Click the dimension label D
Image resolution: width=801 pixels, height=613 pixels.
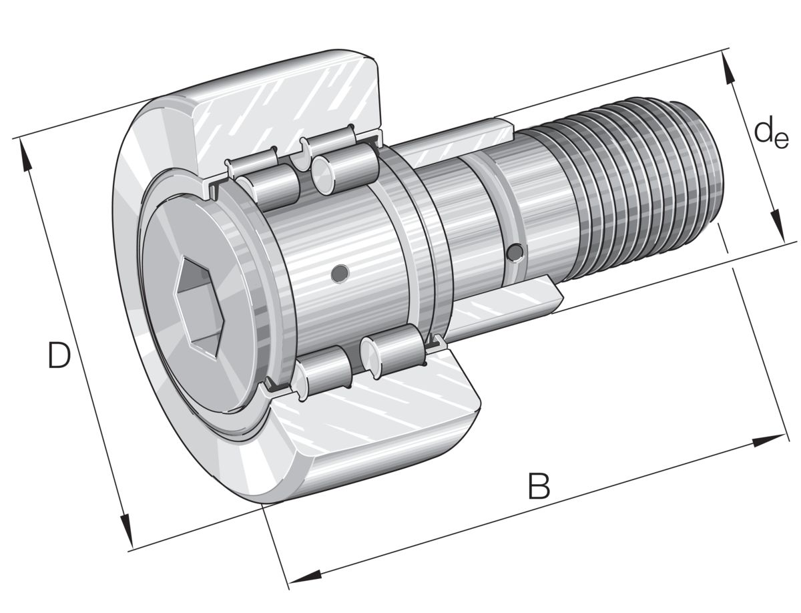click(x=59, y=355)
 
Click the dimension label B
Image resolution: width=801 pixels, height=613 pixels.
click(x=539, y=486)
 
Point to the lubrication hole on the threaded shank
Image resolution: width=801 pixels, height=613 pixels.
click(x=515, y=252)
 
